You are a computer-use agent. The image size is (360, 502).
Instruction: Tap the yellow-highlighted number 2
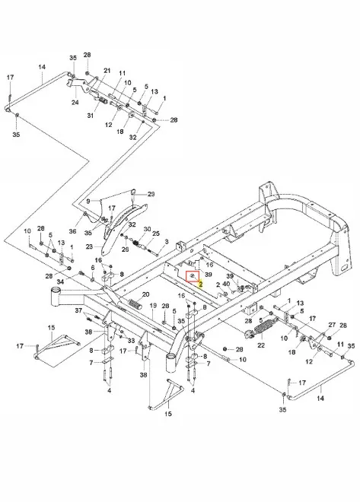(200, 284)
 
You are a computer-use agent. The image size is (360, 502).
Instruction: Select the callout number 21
(107, 71)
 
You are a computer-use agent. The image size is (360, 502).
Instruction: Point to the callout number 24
(75, 103)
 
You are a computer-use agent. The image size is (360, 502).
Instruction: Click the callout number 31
(91, 116)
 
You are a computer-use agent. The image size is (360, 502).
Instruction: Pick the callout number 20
(145, 294)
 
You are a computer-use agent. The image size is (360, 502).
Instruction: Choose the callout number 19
(153, 306)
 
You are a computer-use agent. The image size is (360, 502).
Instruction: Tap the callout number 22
(261, 345)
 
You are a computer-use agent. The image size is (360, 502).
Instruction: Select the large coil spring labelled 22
(261, 330)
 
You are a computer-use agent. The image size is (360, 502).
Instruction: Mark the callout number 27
(332, 325)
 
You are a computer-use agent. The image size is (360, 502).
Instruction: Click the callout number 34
(60, 281)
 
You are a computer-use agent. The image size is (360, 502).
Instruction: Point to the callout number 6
(93, 268)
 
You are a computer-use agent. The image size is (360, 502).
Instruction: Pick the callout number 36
(73, 230)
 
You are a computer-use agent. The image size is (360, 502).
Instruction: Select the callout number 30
(147, 229)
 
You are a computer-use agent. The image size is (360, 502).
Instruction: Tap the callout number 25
(156, 234)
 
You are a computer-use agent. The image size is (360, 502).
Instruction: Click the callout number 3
(167, 241)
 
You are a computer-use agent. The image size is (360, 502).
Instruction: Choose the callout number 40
(226, 284)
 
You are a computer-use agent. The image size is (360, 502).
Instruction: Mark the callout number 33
(131, 341)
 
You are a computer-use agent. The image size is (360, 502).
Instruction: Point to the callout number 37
(79, 310)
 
